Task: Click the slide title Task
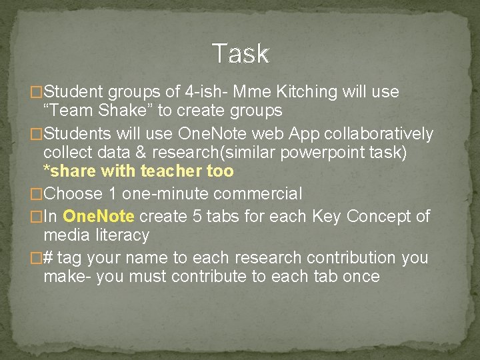241,53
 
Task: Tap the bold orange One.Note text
99,217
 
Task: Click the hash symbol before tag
48,258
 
